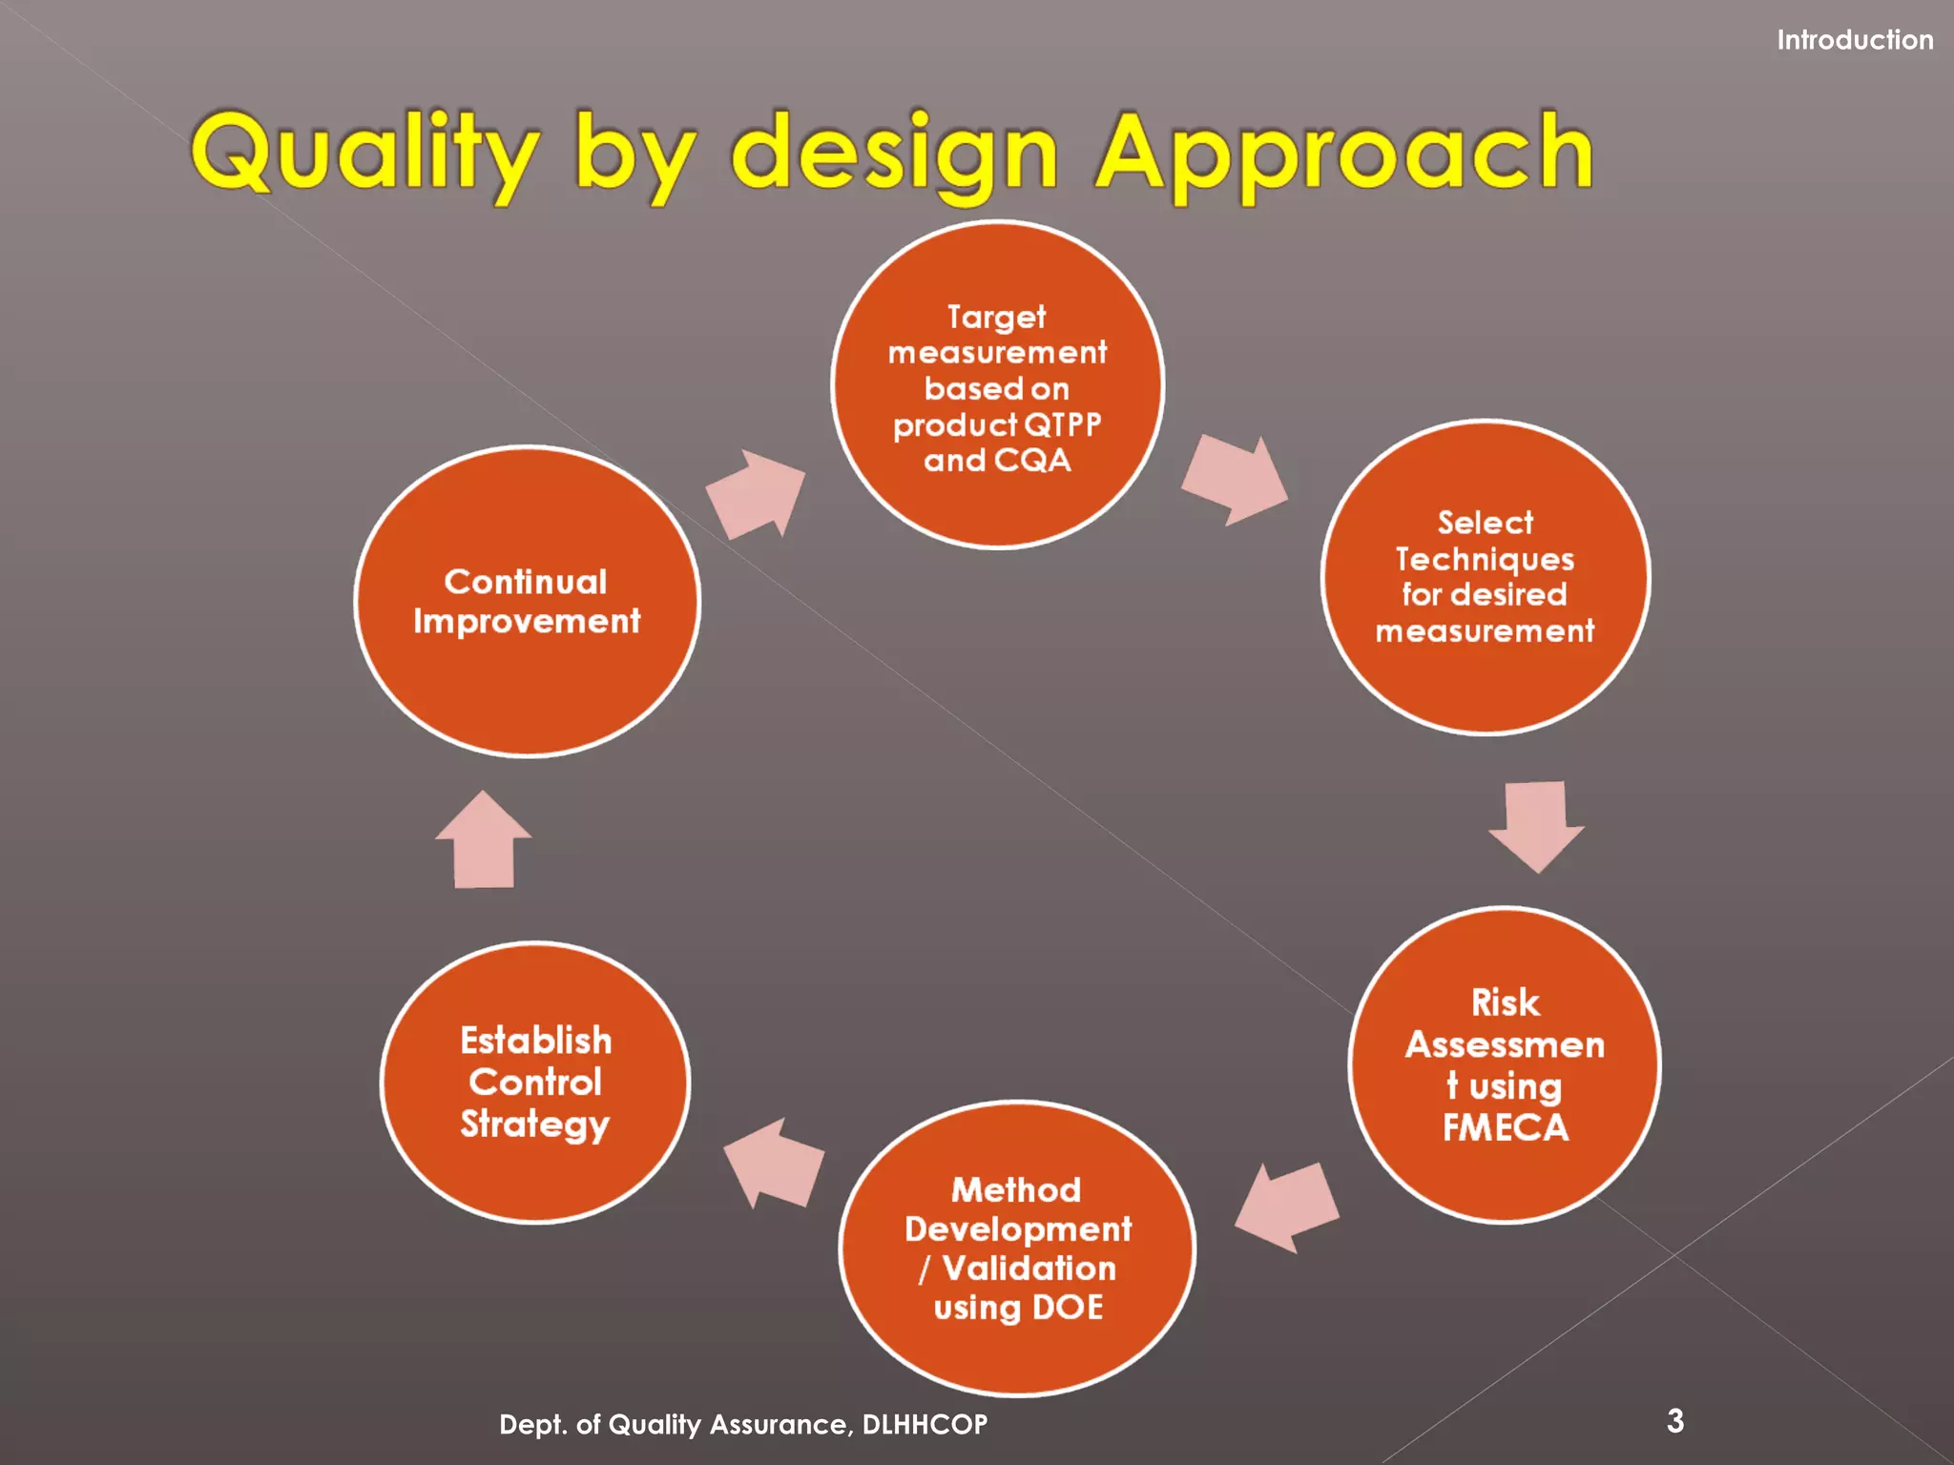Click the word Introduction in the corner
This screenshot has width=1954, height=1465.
click(x=1854, y=40)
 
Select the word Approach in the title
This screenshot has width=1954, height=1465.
click(x=1343, y=153)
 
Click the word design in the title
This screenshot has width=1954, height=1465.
click(x=894, y=153)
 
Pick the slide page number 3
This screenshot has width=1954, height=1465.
click(x=1675, y=1421)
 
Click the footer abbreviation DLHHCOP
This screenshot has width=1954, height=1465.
click(x=925, y=1425)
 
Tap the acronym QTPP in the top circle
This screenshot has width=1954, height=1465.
click(x=1062, y=424)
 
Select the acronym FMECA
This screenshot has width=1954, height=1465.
click(x=1505, y=1128)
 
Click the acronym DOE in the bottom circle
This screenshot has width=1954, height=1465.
click(x=1067, y=1307)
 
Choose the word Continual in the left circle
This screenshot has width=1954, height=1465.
click(x=526, y=582)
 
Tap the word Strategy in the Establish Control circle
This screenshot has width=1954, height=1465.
click(x=534, y=1125)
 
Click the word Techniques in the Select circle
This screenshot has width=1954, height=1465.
click(x=1485, y=559)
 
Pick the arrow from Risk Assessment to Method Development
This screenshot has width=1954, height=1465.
click(x=1286, y=1207)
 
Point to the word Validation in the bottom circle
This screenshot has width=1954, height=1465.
click(x=1029, y=1269)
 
